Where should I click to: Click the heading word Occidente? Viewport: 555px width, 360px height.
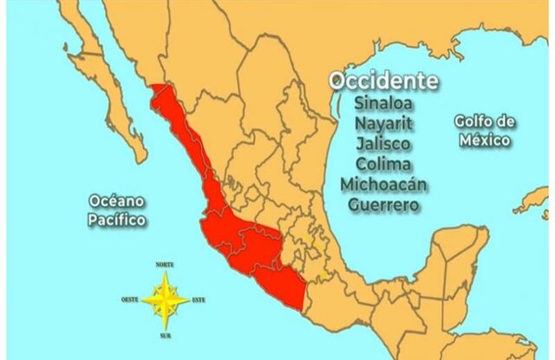tap(382, 81)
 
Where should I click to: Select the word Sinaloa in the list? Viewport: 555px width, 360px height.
tap(382, 102)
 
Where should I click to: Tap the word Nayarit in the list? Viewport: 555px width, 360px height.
tap(382, 123)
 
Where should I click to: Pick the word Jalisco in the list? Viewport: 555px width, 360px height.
tap(382, 143)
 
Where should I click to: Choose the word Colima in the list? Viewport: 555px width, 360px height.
tap(382, 164)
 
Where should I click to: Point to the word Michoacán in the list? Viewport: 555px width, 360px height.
tap(382, 185)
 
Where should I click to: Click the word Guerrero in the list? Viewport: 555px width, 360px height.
tap(382, 206)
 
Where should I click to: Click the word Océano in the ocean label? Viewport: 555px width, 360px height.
tap(116, 201)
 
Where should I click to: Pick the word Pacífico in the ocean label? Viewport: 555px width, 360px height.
tap(116, 220)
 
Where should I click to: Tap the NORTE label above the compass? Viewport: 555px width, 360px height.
tap(165, 264)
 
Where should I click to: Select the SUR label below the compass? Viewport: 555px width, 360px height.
tap(165, 335)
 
